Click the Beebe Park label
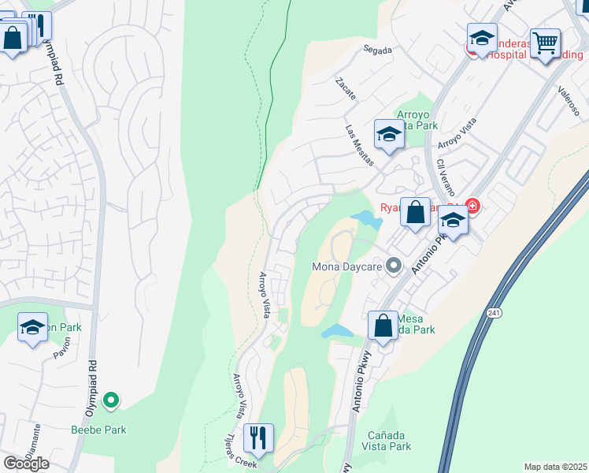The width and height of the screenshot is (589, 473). [98, 430]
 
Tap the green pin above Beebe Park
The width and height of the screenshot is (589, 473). [111, 401]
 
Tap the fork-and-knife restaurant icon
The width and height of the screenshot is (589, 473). [258, 438]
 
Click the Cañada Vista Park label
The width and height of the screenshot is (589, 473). [389, 441]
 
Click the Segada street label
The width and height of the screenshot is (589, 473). [377, 50]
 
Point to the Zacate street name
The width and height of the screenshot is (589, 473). [346, 88]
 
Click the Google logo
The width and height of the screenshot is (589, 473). [25, 463]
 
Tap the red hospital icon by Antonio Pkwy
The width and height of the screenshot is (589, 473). [472, 207]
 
